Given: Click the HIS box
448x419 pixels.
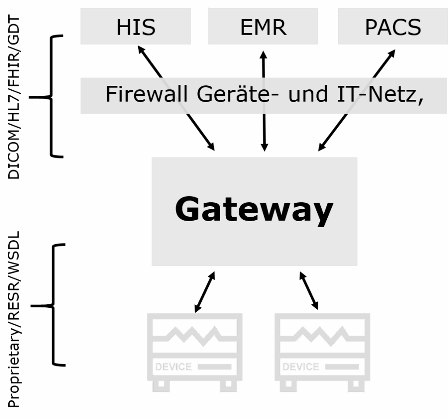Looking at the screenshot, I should coord(136,26).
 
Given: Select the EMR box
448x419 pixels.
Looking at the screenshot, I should coord(263,26).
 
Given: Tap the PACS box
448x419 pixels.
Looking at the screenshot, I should coord(392,26).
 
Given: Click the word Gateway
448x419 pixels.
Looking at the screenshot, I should coord(254,209).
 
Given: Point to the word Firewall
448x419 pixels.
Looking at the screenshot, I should coord(147,94).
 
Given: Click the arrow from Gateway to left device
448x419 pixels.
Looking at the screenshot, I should coord(205,292).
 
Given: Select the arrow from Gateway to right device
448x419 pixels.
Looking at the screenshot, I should coord(309,291).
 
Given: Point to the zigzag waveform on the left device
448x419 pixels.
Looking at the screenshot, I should coord(195,335).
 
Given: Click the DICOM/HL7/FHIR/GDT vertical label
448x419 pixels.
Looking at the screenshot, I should coord(14,97).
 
